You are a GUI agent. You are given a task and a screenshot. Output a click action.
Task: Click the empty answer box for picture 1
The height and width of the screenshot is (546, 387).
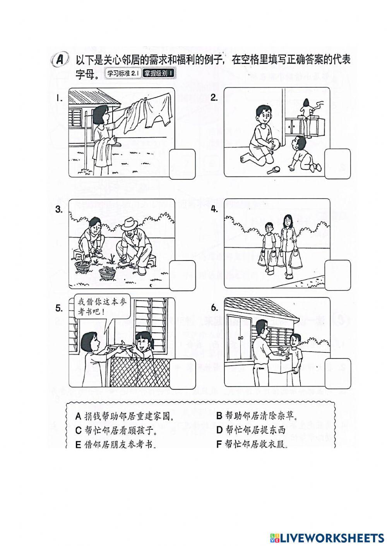(182, 164)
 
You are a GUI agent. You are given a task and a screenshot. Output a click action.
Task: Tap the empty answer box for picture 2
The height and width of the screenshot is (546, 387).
(337, 164)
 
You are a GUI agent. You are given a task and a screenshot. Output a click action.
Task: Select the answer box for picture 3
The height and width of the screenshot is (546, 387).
(182, 275)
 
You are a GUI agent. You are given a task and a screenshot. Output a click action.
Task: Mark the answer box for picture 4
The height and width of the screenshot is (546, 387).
(337, 275)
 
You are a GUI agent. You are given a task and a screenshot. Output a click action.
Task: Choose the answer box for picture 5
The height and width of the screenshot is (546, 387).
(182, 373)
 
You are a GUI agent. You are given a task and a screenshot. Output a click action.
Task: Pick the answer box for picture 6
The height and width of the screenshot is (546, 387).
(337, 373)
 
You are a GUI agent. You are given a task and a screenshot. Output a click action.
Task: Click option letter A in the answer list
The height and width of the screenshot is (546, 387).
(78, 416)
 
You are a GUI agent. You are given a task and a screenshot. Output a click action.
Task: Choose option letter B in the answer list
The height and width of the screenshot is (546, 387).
(219, 416)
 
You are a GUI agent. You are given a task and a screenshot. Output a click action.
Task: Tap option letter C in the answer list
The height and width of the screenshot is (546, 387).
(78, 430)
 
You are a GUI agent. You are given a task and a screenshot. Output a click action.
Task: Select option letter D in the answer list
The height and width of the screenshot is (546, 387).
(219, 430)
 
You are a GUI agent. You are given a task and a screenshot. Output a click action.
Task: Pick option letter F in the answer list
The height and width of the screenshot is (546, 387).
(219, 444)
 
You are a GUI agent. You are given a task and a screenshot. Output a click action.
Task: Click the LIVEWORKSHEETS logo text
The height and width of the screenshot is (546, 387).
(331, 537)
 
